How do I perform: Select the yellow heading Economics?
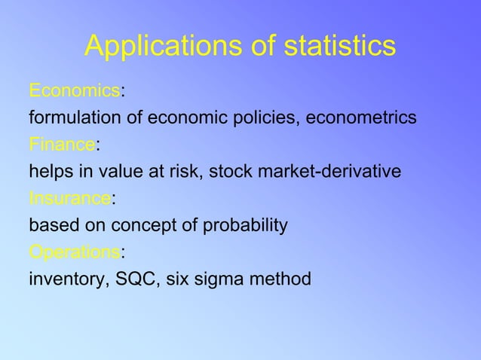click(74, 91)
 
